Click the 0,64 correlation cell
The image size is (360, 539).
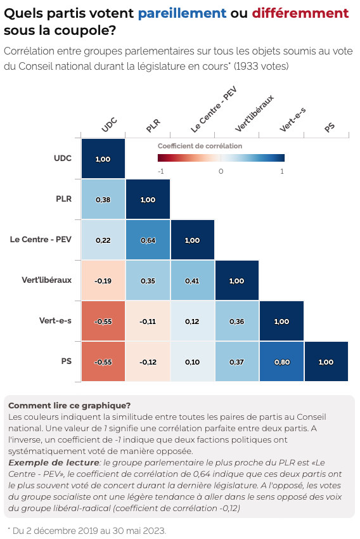148,240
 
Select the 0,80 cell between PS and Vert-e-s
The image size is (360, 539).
281,361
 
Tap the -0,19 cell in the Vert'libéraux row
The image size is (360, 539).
103,280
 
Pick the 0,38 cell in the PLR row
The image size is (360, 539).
103,199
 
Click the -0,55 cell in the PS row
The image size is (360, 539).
103,361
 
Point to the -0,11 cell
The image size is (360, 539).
148,321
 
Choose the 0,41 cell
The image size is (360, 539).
192,280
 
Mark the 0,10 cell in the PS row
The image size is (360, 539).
192,361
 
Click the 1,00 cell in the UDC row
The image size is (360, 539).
103,159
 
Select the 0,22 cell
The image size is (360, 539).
103,240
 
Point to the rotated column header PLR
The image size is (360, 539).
153,125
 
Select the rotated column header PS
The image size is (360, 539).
330,127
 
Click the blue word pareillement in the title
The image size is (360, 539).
182,13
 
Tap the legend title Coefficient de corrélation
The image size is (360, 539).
200,146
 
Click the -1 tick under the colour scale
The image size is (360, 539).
161,171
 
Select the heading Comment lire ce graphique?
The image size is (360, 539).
69,405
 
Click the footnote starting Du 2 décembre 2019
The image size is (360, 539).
88,529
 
